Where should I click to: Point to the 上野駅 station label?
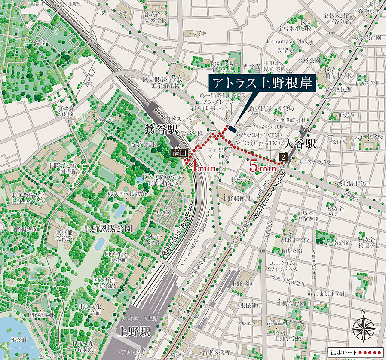134,331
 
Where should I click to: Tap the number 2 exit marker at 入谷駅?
283,157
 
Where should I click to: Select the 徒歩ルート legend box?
355,352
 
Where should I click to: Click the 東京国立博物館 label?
127,194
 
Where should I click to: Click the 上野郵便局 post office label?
236,198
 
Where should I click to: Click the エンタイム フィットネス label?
284,265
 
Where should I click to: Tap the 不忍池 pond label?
19,339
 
